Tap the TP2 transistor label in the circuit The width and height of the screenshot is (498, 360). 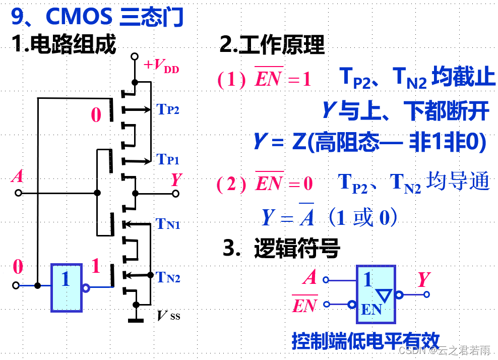click(168, 109)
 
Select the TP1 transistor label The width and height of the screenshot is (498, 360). click(168, 160)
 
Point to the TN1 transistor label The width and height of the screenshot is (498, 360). click(168, 223)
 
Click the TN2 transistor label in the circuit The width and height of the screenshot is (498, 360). click(168, 277)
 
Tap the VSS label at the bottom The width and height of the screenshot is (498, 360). click(168, 316)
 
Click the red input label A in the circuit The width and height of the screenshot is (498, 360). click(18, 176)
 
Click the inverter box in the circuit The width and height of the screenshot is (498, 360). click(66, 287)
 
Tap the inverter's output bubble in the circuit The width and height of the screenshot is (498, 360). click(86, 288)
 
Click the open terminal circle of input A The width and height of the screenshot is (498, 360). click(18, 193)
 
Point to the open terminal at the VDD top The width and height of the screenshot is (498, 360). click(134, 56)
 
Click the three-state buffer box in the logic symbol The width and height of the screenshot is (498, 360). click(376, 294)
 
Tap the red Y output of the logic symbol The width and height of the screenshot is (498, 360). click(424, 279)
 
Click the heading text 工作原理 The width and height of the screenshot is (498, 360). click(272, 45)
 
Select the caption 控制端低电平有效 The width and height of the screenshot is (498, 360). click(365, 341)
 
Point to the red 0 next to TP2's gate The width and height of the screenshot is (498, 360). click(96, 115)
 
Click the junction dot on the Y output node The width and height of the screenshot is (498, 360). click(135, 193)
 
